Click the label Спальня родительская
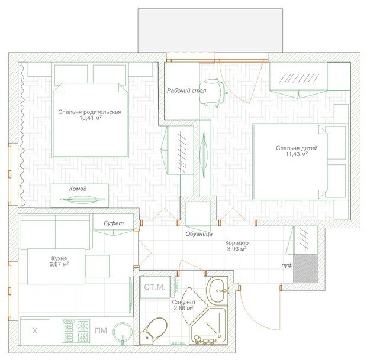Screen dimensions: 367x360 89,112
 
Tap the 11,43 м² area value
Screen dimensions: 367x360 297,154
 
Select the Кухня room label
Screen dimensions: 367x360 59,258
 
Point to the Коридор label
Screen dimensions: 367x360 237,243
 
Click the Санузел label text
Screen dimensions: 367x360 183,302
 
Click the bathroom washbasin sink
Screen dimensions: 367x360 217,291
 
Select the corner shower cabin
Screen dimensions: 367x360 208,325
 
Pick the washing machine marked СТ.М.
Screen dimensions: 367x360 154,287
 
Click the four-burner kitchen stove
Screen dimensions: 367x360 76,331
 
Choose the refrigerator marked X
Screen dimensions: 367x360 35,331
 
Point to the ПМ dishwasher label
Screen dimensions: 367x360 101,331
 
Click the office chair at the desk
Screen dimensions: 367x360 213,93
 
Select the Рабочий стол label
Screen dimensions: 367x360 186,90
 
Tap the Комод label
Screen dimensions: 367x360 78,189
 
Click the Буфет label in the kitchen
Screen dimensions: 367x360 114,223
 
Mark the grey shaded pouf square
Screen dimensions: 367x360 305,268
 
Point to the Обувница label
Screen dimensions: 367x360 199,233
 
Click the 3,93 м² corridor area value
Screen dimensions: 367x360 237,249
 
